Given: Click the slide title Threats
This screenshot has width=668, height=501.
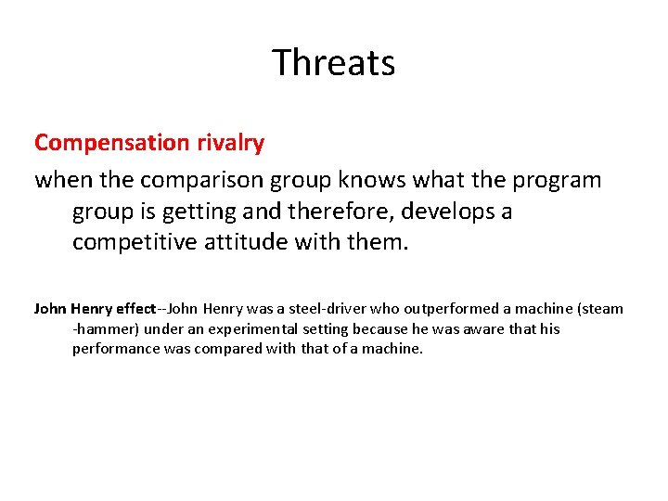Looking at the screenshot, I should [x=334, y=63].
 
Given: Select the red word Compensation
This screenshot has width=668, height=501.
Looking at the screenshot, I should [x=111, y=143].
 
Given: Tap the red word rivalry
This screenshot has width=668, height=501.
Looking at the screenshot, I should [x=230, y=143].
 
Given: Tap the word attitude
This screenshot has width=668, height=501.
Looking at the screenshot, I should [x=250, y=243].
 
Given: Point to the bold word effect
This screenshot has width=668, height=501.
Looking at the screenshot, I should [x=134, y=308].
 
